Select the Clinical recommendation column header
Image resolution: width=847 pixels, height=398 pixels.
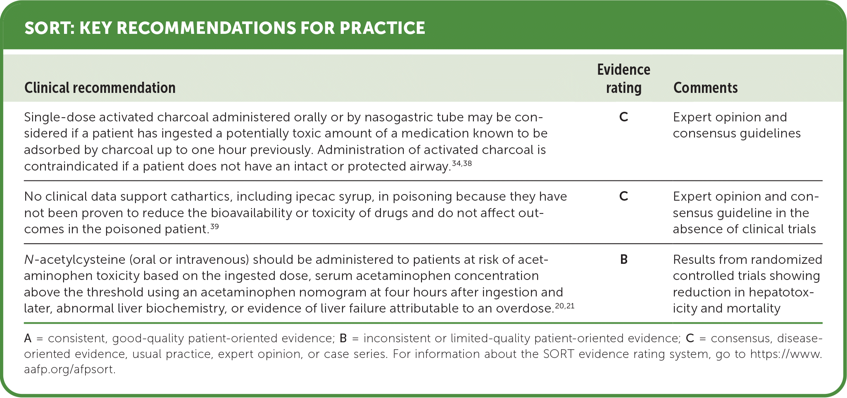(100, 88)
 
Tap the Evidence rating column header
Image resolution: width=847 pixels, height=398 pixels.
(623, 79)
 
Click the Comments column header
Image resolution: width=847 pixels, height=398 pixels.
(705, 88)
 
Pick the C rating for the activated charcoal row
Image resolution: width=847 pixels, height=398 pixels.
(623, 117)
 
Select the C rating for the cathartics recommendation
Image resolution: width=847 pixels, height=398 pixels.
(623, 196)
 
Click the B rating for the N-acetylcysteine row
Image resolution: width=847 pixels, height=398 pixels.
(624, 259)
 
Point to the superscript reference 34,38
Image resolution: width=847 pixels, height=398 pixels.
(462, 163)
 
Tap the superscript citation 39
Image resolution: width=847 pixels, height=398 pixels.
(214, 226)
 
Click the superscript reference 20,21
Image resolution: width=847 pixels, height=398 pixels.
(565, 306)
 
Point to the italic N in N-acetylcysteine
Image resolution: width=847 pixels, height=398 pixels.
(29, 260)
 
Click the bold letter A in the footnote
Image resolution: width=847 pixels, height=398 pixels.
(28, 339)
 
